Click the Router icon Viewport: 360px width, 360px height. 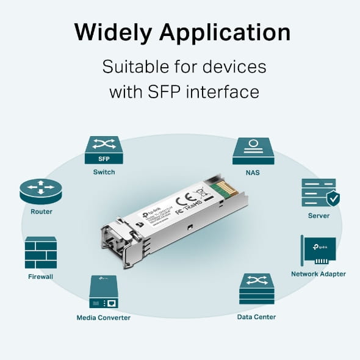pos(41,191)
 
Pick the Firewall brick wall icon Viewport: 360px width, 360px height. pos(41,253)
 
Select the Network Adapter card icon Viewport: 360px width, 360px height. pos(318,251)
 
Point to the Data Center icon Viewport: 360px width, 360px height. pos(256,290)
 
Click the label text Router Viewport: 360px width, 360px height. pos(41,212)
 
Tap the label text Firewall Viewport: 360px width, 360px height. pos(41,276)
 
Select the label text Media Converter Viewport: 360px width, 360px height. pos(103,317)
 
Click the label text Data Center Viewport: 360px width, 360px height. pos(256,317)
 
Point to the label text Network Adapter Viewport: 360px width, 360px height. pos(318,274)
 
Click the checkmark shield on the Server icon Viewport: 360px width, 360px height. pos(332,199)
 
